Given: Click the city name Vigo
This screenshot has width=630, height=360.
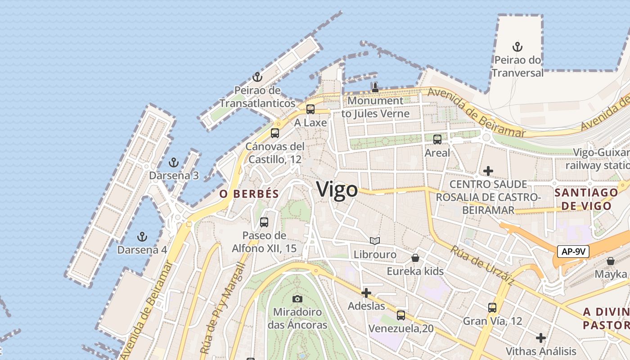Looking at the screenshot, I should [x=337, y=189].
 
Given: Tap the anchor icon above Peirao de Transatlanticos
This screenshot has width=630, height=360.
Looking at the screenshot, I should [x=257, y=77].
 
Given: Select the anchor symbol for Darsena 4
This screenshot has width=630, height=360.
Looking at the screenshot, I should [x=142, y=236].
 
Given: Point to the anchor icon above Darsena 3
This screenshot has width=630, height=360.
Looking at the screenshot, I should [x=174, y=162].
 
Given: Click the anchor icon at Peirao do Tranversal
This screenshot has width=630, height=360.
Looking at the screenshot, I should [x=517, y=46].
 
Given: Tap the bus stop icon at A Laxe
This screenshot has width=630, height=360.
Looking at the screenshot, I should [x=310, y=109].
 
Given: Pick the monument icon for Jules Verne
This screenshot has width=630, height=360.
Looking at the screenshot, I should [x=375, y=87].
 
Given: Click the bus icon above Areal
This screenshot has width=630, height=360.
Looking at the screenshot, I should [x=437, y=139].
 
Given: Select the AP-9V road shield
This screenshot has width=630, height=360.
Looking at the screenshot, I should [x=573, y=251].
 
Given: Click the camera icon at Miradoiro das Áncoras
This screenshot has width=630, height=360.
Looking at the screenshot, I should [x=297, y=299].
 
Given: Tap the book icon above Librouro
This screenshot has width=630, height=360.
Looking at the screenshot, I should [x=374, y=241].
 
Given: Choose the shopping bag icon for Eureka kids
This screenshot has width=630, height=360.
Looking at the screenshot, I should [x=415, y=258].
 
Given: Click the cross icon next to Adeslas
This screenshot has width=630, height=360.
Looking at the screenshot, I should [x=366, y=293].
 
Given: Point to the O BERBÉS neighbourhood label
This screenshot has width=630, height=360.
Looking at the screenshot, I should [x=249, y=194].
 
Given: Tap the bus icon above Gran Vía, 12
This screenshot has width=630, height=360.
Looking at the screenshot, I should [x=492, y=308].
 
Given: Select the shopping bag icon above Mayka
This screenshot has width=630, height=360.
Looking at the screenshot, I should [x=611, y=261].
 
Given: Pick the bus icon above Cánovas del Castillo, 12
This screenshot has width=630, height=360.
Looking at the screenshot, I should [x=275, y=133].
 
